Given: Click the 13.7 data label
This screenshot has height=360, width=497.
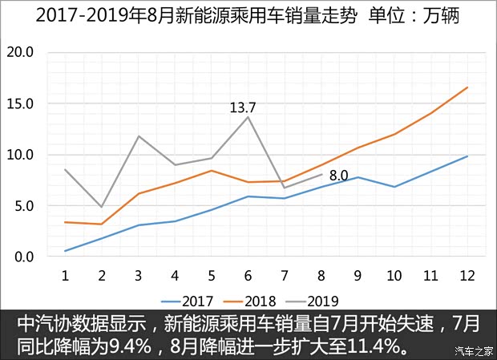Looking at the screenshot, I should click(244, 107).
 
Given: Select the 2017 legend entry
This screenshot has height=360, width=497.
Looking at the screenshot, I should click(188, 301).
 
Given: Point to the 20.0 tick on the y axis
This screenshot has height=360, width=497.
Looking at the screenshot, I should click(19, 52).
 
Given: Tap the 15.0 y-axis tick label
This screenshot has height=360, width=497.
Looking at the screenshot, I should click(19, 103).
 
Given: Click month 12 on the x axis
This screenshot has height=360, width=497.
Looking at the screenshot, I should click(467, 275).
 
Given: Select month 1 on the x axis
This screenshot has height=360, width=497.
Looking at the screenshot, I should click(64, 275).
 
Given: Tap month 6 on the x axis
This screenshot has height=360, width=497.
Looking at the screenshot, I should click(247, 275).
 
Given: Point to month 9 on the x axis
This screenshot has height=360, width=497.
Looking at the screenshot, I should click(357, 275).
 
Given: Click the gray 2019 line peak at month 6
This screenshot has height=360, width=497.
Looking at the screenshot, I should click(247, 117).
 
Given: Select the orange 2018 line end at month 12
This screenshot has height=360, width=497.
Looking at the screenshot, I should click(467, 87).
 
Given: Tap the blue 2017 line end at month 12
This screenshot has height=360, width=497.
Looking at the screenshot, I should click(467, 156).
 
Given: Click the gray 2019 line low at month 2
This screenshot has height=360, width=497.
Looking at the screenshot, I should click(101, 207).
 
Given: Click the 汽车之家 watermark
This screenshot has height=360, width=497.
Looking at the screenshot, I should click(473, 350).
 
